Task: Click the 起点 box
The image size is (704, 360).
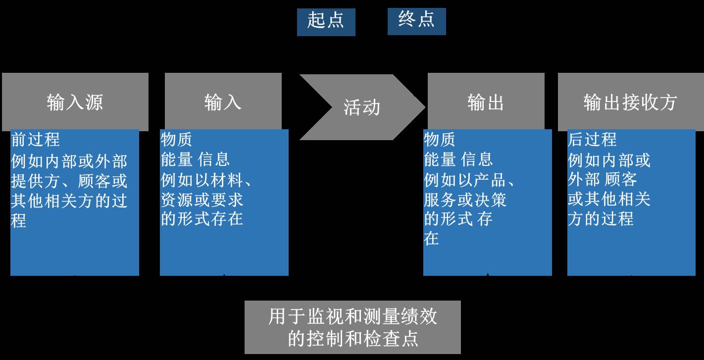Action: pos(326,22)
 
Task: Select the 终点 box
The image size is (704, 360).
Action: pos(416,21)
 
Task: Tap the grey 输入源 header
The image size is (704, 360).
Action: pos(75,102)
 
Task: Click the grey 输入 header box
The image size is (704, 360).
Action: pos(223,102)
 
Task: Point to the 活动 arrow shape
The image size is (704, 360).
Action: pos(361,107)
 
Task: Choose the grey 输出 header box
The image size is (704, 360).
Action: pos(486,102)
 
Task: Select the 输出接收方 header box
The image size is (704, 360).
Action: pos(630,102)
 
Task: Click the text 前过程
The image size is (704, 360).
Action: pos(35,140)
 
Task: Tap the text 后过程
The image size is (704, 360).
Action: pos(592,140)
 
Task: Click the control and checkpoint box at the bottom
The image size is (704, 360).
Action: pos(352,327)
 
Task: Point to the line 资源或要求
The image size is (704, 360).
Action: pos(202,199)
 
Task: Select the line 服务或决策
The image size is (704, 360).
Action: pos(465,199)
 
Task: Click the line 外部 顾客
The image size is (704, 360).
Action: pos(602,179)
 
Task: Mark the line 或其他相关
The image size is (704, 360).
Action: pos(608,199)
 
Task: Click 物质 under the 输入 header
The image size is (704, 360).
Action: pos(176,140)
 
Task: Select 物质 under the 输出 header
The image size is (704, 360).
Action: pos(440,140)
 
